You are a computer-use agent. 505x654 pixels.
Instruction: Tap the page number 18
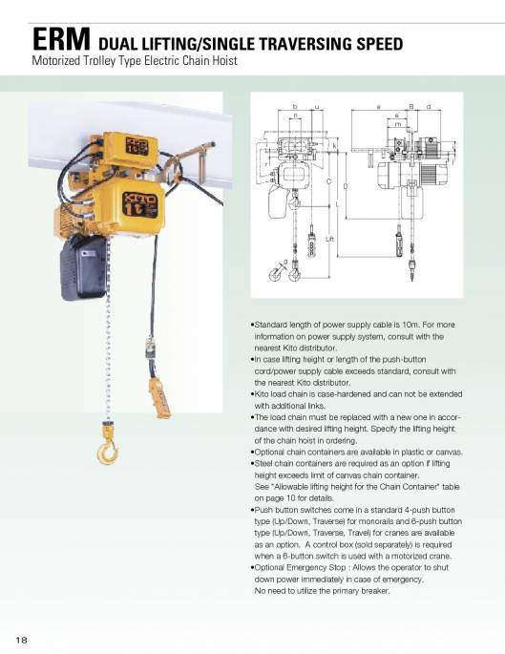click(22, 636)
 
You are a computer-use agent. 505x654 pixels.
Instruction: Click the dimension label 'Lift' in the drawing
click(329, 238)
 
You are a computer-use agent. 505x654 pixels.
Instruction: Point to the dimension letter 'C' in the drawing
click(330, 181)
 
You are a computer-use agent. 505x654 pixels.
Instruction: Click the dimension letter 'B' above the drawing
click(410, 106)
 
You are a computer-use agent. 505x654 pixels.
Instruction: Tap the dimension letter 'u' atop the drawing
click(316, 106)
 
